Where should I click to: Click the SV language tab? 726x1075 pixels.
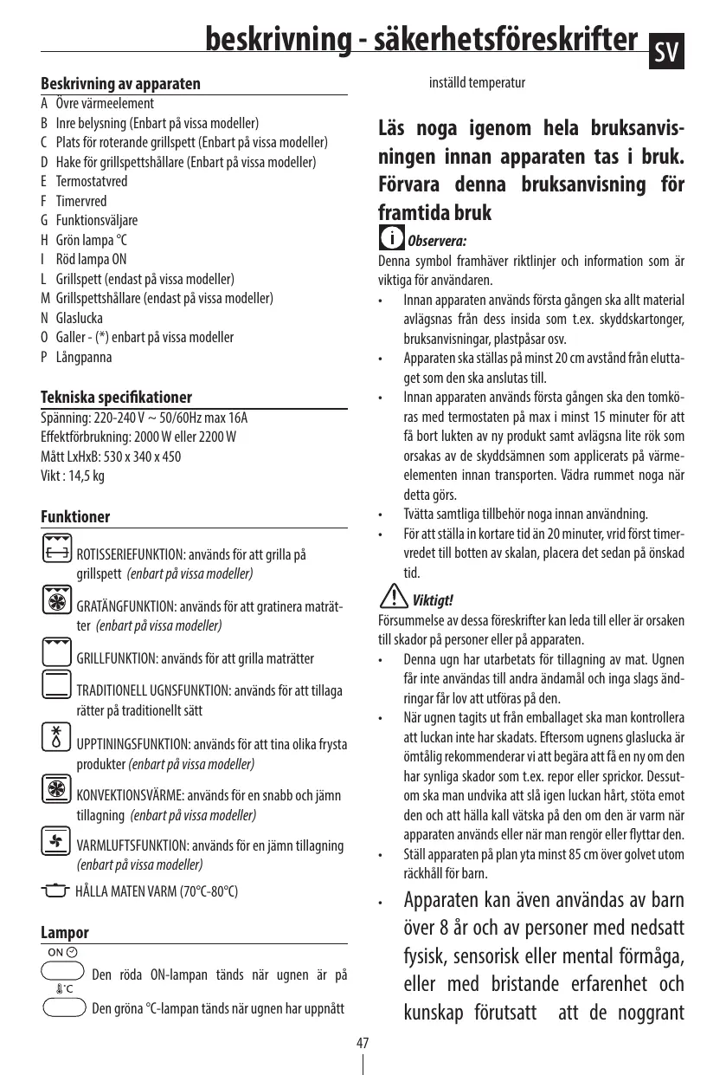click(x=667, y=54)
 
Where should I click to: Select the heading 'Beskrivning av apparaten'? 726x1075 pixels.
click(x=121, y=84)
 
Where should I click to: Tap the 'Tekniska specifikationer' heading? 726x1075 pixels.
click(x=117, y=398)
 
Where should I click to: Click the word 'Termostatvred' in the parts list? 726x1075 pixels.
click(x=92, y=182)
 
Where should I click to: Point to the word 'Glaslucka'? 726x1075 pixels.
click(x=79, y=318)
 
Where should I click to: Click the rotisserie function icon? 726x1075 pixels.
click(x=56, y=547)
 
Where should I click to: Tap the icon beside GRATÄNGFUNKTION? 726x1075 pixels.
click(x=56, y=599)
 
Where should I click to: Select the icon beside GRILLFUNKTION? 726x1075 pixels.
click(x=56, y=650)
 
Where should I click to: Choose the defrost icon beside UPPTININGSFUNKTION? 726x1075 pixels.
click(x=56, y=735)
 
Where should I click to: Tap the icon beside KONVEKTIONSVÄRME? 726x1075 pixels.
click(x=56, y=788)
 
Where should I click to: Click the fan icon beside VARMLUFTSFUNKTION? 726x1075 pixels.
click(x=56, y=839)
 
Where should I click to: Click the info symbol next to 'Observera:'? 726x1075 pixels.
click(x=392, y=236)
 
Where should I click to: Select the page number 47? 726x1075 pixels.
click(x=363, y=1042)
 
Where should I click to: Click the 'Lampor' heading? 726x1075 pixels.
click(x=65, y=934)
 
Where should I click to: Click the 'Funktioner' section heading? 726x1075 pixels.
click(x=76, y=517)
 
